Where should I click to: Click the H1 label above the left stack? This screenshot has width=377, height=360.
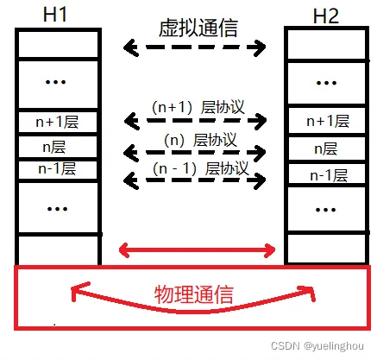pyautogui.click(x=54, y=15)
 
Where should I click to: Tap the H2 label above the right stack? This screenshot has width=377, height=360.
pyautogui.click(x=326, y=16)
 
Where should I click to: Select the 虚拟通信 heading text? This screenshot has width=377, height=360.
pyautogui.click(x=198, y=28)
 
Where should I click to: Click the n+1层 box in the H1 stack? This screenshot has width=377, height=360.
pyautogui.click(x=58, y=122)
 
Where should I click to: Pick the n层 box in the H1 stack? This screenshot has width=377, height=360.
pyautogui.click(x=58, y=147)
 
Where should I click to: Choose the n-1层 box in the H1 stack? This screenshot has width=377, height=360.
pyautogui.click(x=58, y=170)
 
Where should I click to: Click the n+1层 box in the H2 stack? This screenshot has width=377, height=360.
pyautogui.click(x=327, y=121)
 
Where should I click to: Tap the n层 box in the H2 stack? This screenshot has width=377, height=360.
pyautogui.click(x=327, y=148)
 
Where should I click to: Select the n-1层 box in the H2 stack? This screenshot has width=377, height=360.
pyautogui.click(x=327, y=174)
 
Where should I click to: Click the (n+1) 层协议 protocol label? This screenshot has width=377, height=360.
pyautogui.click(x=198, y=107)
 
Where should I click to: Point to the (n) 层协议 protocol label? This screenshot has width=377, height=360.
pyautogui.click(x=200, y=140)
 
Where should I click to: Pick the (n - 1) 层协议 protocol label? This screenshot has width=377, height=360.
pyautogui.click(x=201, y=168)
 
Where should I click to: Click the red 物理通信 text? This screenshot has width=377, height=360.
pyautogui.click(x=194, y=294)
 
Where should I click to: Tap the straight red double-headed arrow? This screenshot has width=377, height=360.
pyautogui.click(x=198, y=250)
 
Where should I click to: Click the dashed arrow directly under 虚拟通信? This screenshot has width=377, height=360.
pyautogui.click(x=194, y=47)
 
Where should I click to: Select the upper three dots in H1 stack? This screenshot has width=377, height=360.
pyautogui.click(x=56, y=82)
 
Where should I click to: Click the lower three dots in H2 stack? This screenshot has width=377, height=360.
pyautogui.click(x=325, y=210)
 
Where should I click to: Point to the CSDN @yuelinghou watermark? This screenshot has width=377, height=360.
pyautogui.click(x=317, y=345)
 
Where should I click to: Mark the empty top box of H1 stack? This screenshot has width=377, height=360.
pyautogui.click(x=58, y=44)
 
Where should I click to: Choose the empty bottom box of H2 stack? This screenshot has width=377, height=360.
pyautogui.click(x=327, y=248)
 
